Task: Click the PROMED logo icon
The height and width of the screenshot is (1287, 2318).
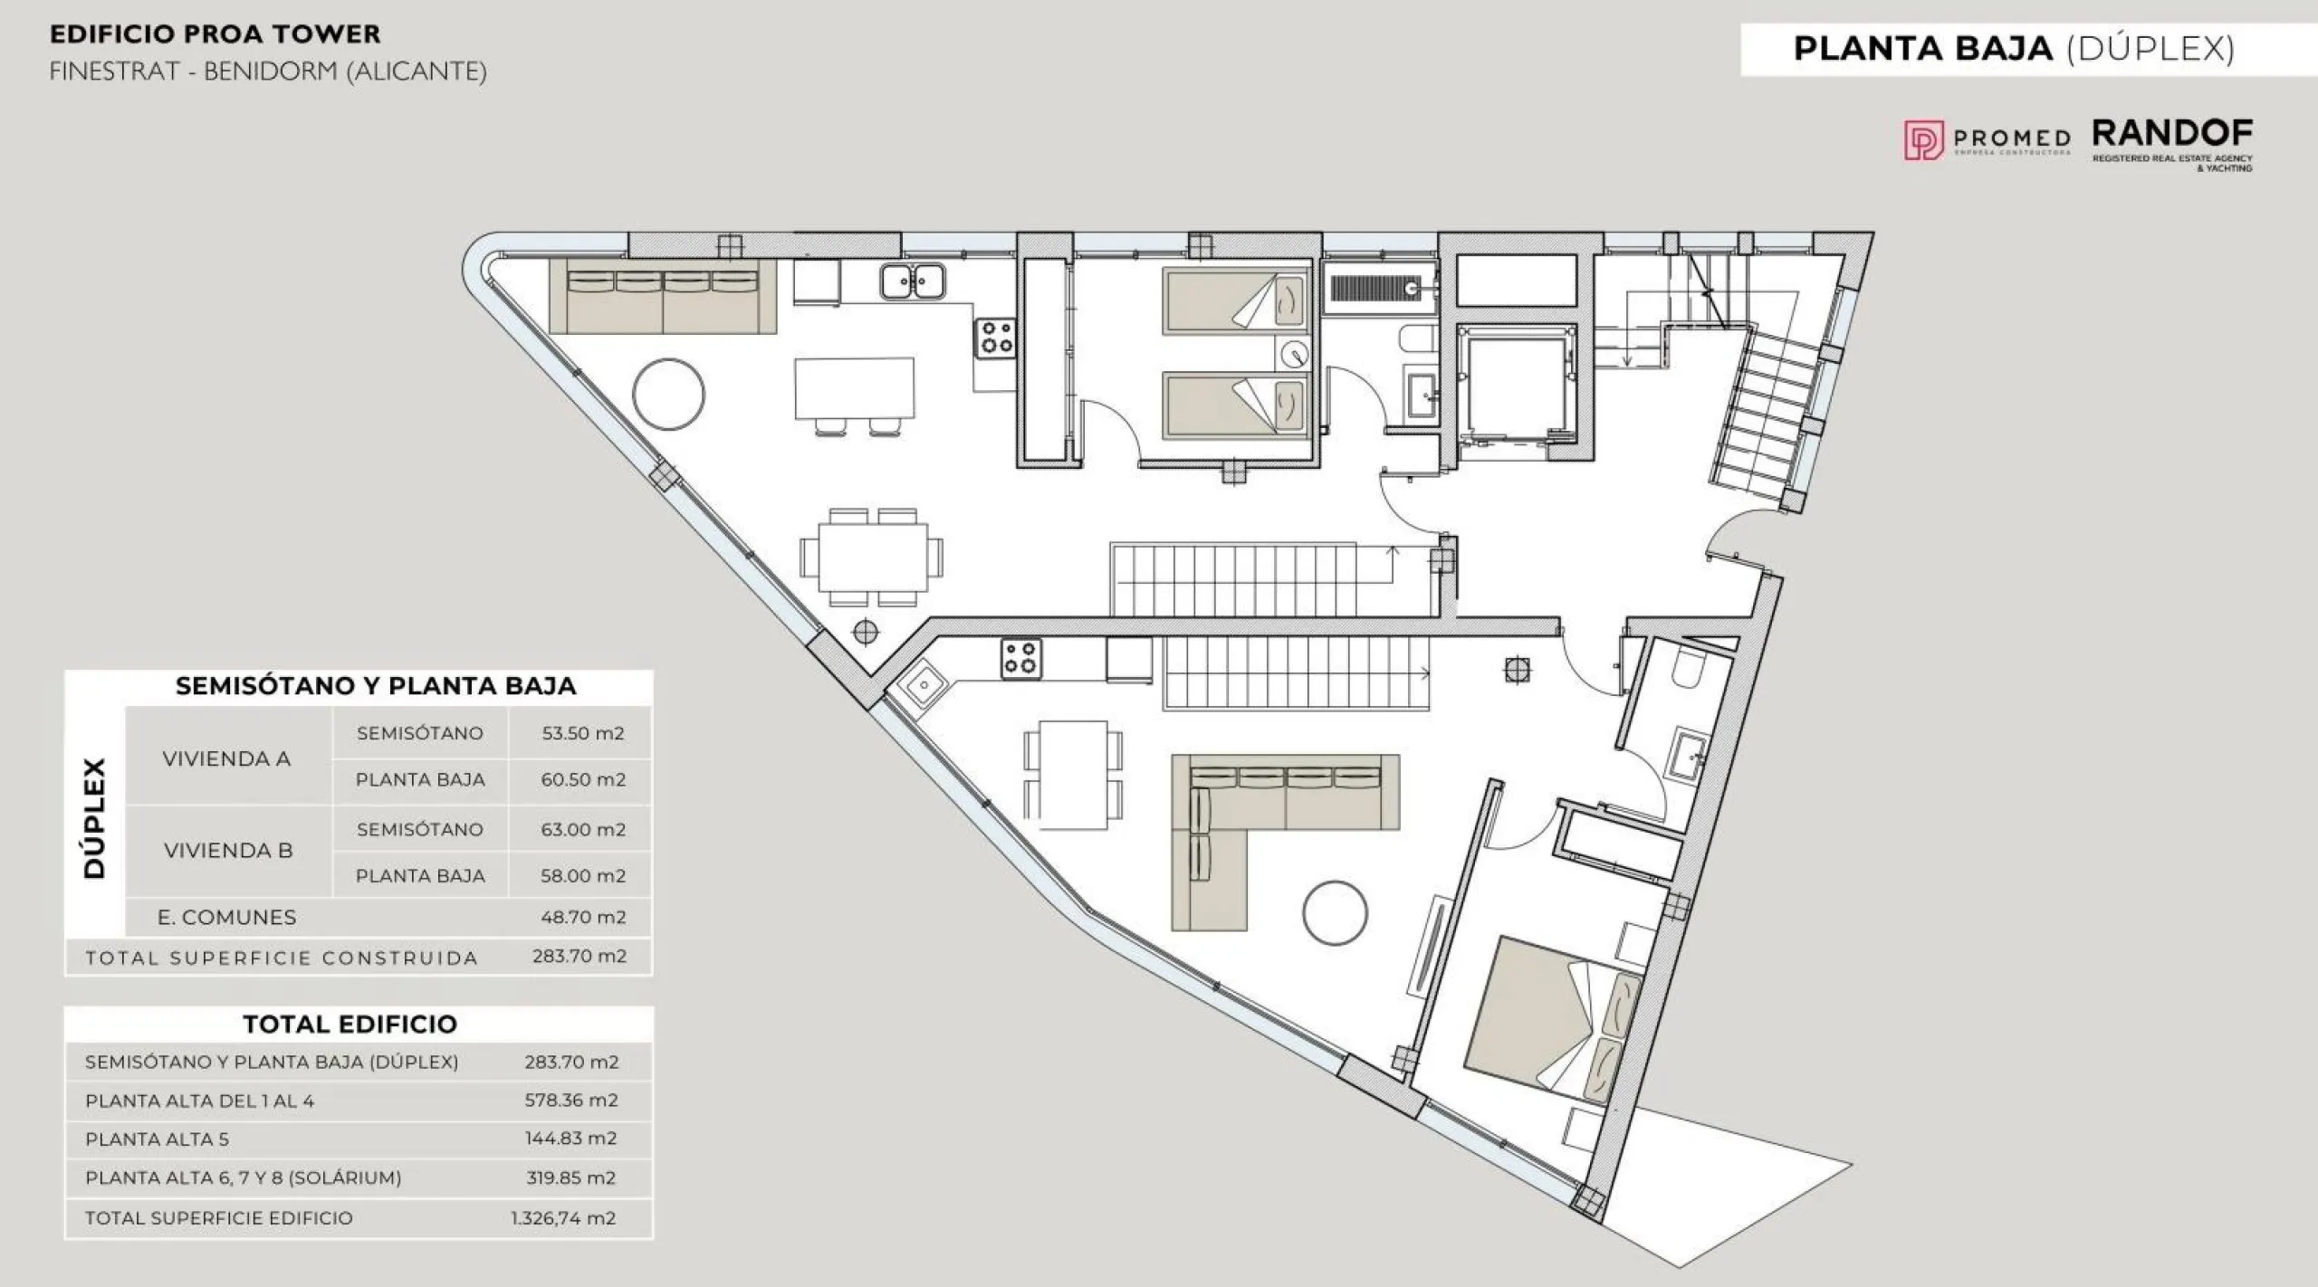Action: point(1923,140)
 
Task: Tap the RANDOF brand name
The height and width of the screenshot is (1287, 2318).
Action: point(2172,134)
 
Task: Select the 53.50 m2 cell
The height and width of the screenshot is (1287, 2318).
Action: point(583,733)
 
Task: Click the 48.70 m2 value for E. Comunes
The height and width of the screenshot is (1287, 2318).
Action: point(583,917)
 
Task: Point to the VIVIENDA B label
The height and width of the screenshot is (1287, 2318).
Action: point(228,851)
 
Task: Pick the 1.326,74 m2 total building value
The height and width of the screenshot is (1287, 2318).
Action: point(563,1218)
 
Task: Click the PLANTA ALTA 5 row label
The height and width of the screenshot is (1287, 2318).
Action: point(157,1139)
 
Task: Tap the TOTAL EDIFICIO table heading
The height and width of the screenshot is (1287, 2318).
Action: point(350,1024)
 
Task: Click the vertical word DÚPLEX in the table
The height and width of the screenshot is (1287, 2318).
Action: point(94,818)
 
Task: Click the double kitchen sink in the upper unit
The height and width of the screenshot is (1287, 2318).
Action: point(912,281)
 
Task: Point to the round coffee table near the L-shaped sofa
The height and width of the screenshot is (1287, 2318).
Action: point(1335,913)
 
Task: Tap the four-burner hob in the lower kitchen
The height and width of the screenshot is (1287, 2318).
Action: point(1020,659)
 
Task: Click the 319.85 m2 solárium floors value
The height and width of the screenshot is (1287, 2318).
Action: point(570,1177)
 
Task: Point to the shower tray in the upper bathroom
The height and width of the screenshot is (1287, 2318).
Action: point(1378,288)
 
